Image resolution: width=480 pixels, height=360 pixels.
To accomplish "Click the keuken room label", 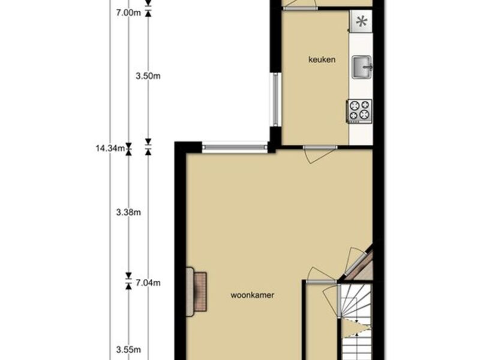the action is point(322,59).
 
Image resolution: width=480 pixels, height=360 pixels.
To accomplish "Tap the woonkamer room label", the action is point(252,295).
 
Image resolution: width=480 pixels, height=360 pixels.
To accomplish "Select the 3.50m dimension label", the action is point(148,76).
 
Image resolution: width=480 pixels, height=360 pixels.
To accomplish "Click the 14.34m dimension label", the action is point(110,148).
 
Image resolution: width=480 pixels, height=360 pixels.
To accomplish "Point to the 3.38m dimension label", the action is point(128,212).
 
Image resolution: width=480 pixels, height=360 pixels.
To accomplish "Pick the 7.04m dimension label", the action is point(148,283).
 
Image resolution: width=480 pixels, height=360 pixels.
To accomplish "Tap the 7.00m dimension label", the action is point(128,13).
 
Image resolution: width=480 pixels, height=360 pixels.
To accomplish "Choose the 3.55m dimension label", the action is point(128,350).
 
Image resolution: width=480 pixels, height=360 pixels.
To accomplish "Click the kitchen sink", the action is point(362,67).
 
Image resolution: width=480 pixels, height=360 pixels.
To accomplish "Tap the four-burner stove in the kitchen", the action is point(359,112).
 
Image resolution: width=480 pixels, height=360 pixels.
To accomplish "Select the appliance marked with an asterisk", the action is point(361,21).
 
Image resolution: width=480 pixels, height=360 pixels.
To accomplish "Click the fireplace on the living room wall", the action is point(197,292).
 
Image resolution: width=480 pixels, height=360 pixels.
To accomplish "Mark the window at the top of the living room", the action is point(235,147).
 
